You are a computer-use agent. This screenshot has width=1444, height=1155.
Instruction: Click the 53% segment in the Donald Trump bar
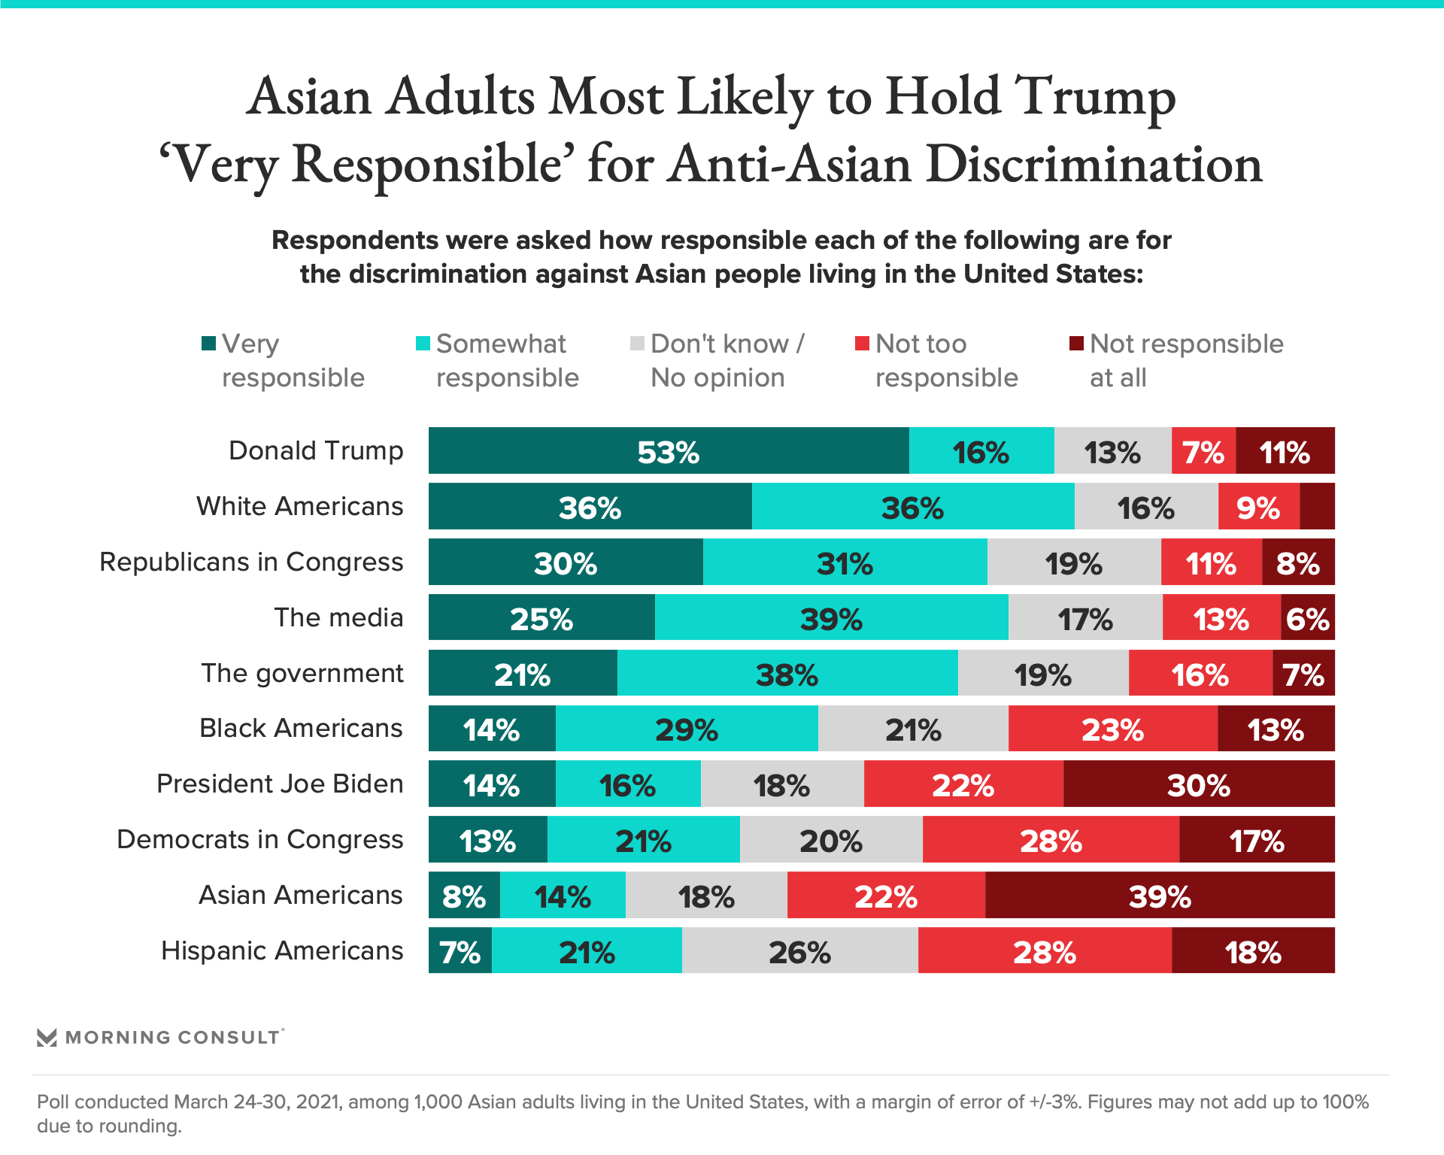tap(668, 451)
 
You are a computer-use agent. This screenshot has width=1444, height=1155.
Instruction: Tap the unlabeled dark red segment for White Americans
tap(1317, 507)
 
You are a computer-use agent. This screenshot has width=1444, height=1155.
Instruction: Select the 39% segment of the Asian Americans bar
tap(1159, 896)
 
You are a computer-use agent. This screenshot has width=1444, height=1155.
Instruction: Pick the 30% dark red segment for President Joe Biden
tap(1198, 784)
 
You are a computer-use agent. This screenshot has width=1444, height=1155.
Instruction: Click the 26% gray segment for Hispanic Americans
tap(799, 951)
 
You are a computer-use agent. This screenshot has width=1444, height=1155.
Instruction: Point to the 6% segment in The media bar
tap(1308, 618)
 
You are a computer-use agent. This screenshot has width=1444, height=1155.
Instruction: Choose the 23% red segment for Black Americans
tap(1112, 729)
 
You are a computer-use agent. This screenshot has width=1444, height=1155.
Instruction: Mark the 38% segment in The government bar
tap(787, 674)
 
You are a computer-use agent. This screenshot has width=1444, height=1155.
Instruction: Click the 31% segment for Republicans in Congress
tap(845, 562)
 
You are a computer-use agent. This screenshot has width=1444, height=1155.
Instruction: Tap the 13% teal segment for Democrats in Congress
tap(487, 840)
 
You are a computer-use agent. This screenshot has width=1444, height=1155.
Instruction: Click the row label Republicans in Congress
tap(251, 562)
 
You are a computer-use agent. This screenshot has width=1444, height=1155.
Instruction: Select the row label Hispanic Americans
tap(282, 951)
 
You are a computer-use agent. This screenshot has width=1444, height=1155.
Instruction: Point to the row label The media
tap(338, 618)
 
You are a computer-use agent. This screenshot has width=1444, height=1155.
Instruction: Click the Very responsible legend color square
tap(209, 344)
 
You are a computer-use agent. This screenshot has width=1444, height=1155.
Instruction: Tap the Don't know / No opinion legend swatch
tap(638, 344)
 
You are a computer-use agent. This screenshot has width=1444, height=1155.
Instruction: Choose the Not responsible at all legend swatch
tap(1077, 344)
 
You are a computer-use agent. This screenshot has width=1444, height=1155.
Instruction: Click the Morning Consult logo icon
tap(47, 1038)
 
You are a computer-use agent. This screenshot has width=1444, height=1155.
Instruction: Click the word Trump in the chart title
tap(1095, 98)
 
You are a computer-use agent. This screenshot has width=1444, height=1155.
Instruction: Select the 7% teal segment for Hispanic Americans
tap(460, 951)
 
